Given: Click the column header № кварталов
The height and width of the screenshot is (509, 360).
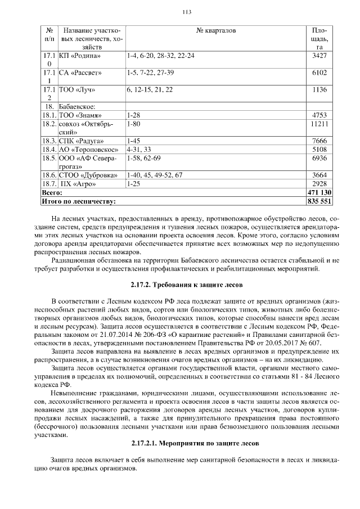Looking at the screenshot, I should click(x=216, y=30).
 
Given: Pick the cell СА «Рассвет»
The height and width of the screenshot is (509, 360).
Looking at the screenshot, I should click(x=82, y=73).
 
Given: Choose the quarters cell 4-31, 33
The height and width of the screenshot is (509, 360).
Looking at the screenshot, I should click(x=139, y=150).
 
